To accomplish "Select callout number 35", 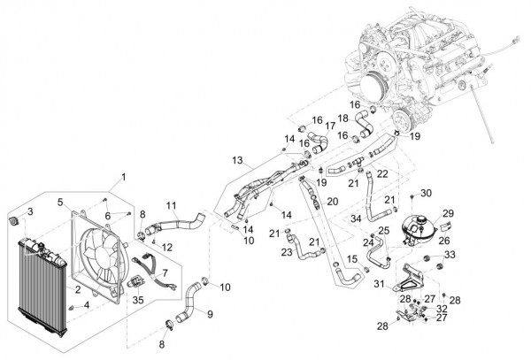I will pyautogui.click(x=137, y=301).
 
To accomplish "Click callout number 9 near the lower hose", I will pyautogui.click(x=210, y=313).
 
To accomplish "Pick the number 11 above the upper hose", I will pyautogui.click(x=171, y=205).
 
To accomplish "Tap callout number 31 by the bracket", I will pyautogui.click(x=377, y=284).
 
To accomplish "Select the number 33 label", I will pyautogui.click(x=450, y=256).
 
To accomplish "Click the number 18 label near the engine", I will pyautogui.click(x=342, y=119).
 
